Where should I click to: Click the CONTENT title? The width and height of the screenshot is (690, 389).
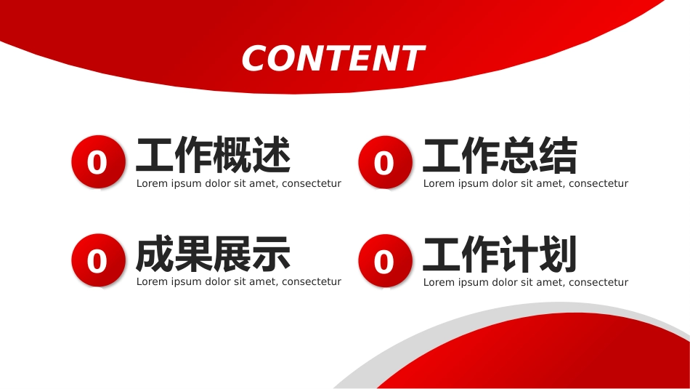pyautogui.click(x=333, y=58)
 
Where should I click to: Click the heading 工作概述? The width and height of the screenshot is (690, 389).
pyautogui.click(x=214, y=155)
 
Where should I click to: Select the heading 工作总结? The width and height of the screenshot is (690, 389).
pyautogui.click(x=500, y=155)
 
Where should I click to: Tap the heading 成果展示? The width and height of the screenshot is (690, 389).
pyautogui.click(x=213, y=254)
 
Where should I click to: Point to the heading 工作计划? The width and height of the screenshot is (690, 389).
pyautogui.click(x=500, y=254)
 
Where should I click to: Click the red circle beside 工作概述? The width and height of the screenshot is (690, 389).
pyautogui.click(x=98, y=161)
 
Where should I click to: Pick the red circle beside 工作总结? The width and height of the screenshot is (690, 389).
pyautogui.click(x=385, y=162)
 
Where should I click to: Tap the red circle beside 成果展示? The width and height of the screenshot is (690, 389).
pyautogui.click(x=98, y=260)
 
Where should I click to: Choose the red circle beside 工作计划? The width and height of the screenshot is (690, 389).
pyautogui.click(x=385, y=261)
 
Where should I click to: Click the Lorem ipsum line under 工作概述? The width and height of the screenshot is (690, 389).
pyautogui.click(x=238, y=183)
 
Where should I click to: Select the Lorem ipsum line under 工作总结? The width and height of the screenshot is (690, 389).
pyautogui.click(x=525, y=183)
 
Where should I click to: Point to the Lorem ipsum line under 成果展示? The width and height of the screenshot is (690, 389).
pyautogui.click(x=238, y=281)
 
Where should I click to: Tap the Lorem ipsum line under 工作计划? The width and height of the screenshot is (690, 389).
pyautogui.click(x=525, y=282)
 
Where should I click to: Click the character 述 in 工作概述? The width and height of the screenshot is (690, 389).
pyautogui.click(x=272, y=155)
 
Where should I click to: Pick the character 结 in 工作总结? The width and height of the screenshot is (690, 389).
pyautogui.click(x=558, y=155)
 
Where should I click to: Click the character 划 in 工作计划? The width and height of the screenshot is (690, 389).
pyautogui.click(x=558, y=254)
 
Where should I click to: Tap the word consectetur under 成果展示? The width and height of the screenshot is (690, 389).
pyautogui.click(x=312, y=281)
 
